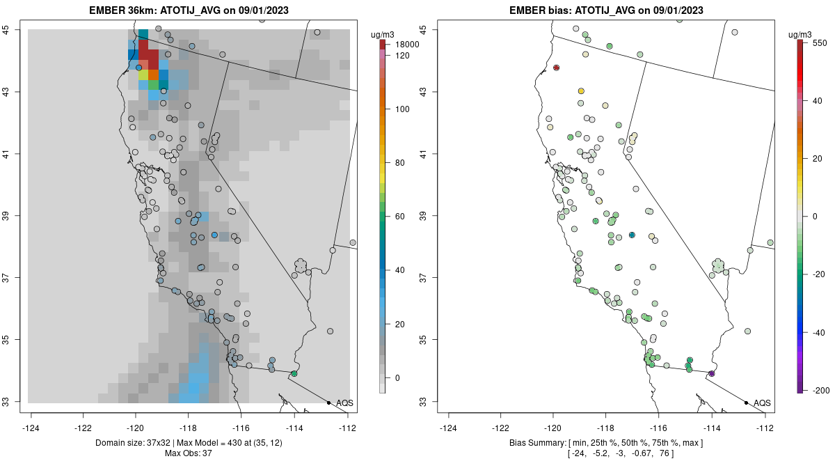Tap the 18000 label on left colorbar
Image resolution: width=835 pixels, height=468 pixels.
407,45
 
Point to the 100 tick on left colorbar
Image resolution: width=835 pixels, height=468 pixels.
402,109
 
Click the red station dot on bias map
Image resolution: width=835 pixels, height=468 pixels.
557,68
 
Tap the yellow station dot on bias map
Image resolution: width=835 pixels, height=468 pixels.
581,91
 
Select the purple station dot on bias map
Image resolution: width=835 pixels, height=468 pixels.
711,374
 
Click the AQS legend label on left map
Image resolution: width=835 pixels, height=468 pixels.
344,403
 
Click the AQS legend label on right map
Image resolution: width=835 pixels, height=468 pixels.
762,403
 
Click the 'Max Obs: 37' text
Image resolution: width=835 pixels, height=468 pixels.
189,453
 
